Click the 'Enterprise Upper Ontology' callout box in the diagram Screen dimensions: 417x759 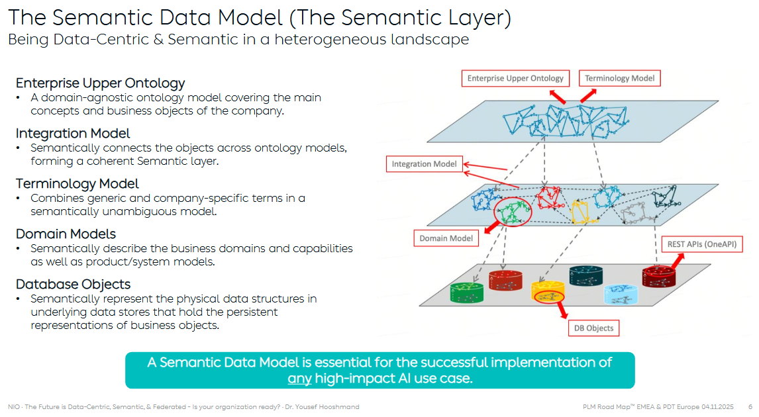pos(515,78)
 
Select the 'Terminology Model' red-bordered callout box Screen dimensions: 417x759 pos(619,78)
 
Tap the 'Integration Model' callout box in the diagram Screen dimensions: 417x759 pos(424,164)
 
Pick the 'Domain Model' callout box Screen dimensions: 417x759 pos(446,238)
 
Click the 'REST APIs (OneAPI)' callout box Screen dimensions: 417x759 pos(701,244)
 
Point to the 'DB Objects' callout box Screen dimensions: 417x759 pos(594,328)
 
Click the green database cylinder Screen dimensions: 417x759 pos(468,293)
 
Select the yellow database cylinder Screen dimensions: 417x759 pos(548,293)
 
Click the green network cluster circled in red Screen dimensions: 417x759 pos(513,211)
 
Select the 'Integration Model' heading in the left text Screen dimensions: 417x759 pos(73,134)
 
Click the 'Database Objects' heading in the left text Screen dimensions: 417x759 pos(73,285)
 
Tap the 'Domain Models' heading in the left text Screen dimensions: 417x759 pos(66,234)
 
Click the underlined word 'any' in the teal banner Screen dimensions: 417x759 pos(299,379)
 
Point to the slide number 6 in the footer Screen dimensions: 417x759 pos(750,406)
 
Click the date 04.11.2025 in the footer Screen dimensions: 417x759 pos(719,406)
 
